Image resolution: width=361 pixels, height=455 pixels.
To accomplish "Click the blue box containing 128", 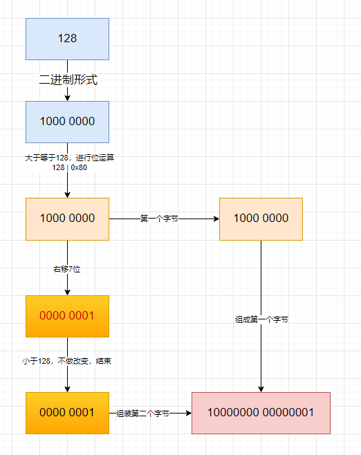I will tap(67, 39).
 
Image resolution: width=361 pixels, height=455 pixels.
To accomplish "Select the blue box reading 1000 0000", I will tap(67, 122).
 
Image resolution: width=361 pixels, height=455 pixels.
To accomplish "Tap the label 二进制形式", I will tap(67, 80).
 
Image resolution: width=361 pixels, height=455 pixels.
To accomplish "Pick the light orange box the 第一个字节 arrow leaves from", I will tap(67, 219).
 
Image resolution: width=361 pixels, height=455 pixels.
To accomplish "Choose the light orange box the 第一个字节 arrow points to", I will tap(261, 219).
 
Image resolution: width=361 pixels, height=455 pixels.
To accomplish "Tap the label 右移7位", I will tap(67, 269).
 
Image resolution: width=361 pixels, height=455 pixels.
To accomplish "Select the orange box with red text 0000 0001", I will tap(67, 316).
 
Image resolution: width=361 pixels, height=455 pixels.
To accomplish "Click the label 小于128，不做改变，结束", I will tap(68, 360).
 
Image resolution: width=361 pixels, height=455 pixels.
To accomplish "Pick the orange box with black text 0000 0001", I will tap(67, 413).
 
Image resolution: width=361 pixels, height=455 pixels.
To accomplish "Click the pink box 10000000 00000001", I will tap(261, 413).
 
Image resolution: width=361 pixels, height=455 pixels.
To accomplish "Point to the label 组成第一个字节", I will tap(261, 320).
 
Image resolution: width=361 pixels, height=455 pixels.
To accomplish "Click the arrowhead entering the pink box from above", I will tap(261, 388).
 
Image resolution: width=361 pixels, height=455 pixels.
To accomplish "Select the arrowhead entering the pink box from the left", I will tap(187, 413).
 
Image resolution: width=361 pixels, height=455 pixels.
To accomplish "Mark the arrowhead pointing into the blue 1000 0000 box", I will tap(67, 98).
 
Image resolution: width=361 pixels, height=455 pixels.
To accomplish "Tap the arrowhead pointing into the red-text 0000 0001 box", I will tap(67, 291).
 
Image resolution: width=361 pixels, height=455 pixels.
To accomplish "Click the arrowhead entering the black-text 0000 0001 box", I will tap(67, 388).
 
